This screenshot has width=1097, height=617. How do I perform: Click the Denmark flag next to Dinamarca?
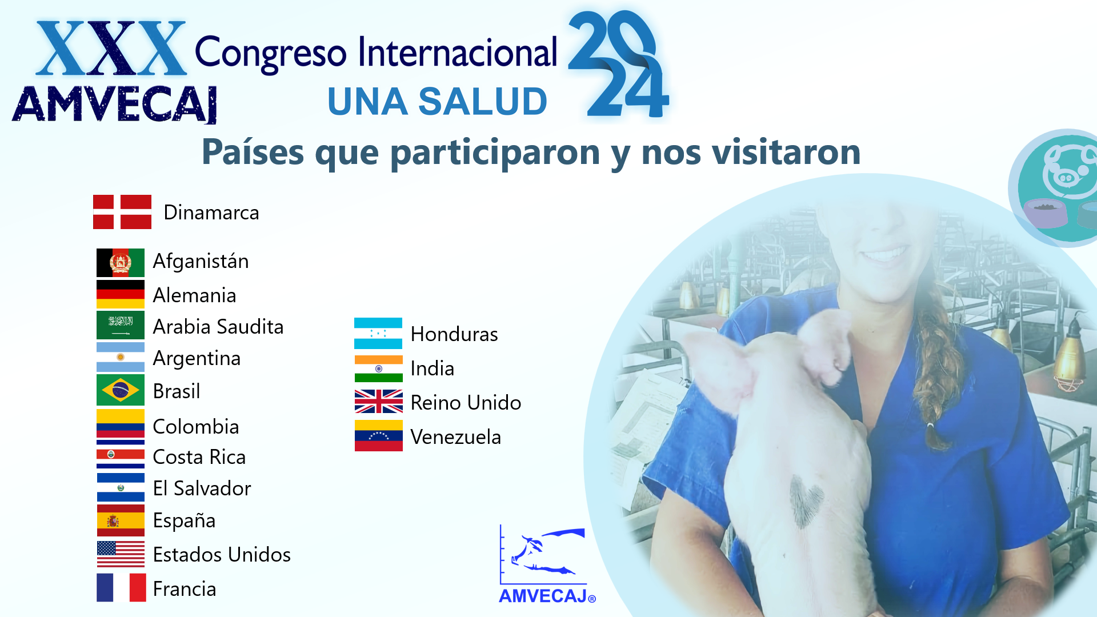[x=122, y=212]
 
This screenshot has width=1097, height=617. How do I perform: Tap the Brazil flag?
[x=121, y=390]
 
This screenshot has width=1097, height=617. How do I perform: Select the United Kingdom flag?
[x=378, y=401]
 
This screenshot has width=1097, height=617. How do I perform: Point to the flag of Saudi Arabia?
[x=121, y=325]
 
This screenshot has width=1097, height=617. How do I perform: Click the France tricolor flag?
[x=121, y=588]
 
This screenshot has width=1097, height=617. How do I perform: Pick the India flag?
[x=378, y=368]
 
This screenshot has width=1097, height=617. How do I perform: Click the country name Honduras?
[x=454, y=334]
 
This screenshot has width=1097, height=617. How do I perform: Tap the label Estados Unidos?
[x=222, y=555]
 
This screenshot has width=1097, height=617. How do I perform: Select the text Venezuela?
[x=456, y=437]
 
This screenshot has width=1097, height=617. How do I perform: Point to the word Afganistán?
[x=201, y=261]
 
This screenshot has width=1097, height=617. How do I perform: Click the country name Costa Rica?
[x=199, y=457]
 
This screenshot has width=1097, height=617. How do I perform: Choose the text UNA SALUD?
[x=438, y=102]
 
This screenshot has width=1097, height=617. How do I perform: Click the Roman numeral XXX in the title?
[x=111, y=49]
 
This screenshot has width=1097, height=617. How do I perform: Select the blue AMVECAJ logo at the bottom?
[x=547, y=564]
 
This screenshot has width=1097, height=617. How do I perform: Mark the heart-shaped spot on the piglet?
[x=806, y=500]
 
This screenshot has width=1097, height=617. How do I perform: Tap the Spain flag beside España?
[x=121, y=520]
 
